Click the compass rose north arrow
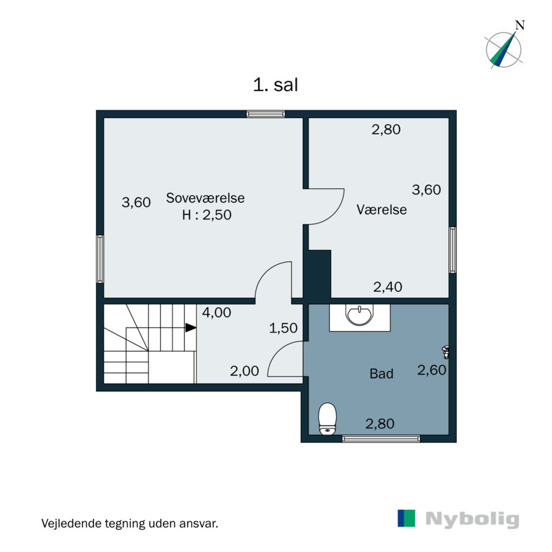click(x=504, y=49)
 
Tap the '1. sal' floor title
click(x=275, y=85)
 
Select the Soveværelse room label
click(x=205, y=198)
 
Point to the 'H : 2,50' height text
click(x=206, y=215)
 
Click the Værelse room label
click(x=382, y=210)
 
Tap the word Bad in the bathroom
click(x=382, y=373)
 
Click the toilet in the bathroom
click(x=327, y=419)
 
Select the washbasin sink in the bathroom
click(x=359, y=315)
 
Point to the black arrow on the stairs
click(x=191, y=328)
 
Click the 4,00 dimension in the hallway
click(x=217, y=313)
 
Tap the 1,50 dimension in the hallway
click(x=284, y=328)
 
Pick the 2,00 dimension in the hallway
click(x=244, y=371)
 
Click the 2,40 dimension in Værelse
click(x=388, y=287)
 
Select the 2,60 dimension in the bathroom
click(x=432, y=370)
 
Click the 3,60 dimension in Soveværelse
click(x=136, y=202)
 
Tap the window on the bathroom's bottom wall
click(x=382, y=439)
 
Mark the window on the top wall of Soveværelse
click(x=266, y=114)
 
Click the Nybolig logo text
click(x=472, y=520)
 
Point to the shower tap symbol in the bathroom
click(x=446, y=352)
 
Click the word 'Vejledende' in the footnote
click(x=71, y=523)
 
